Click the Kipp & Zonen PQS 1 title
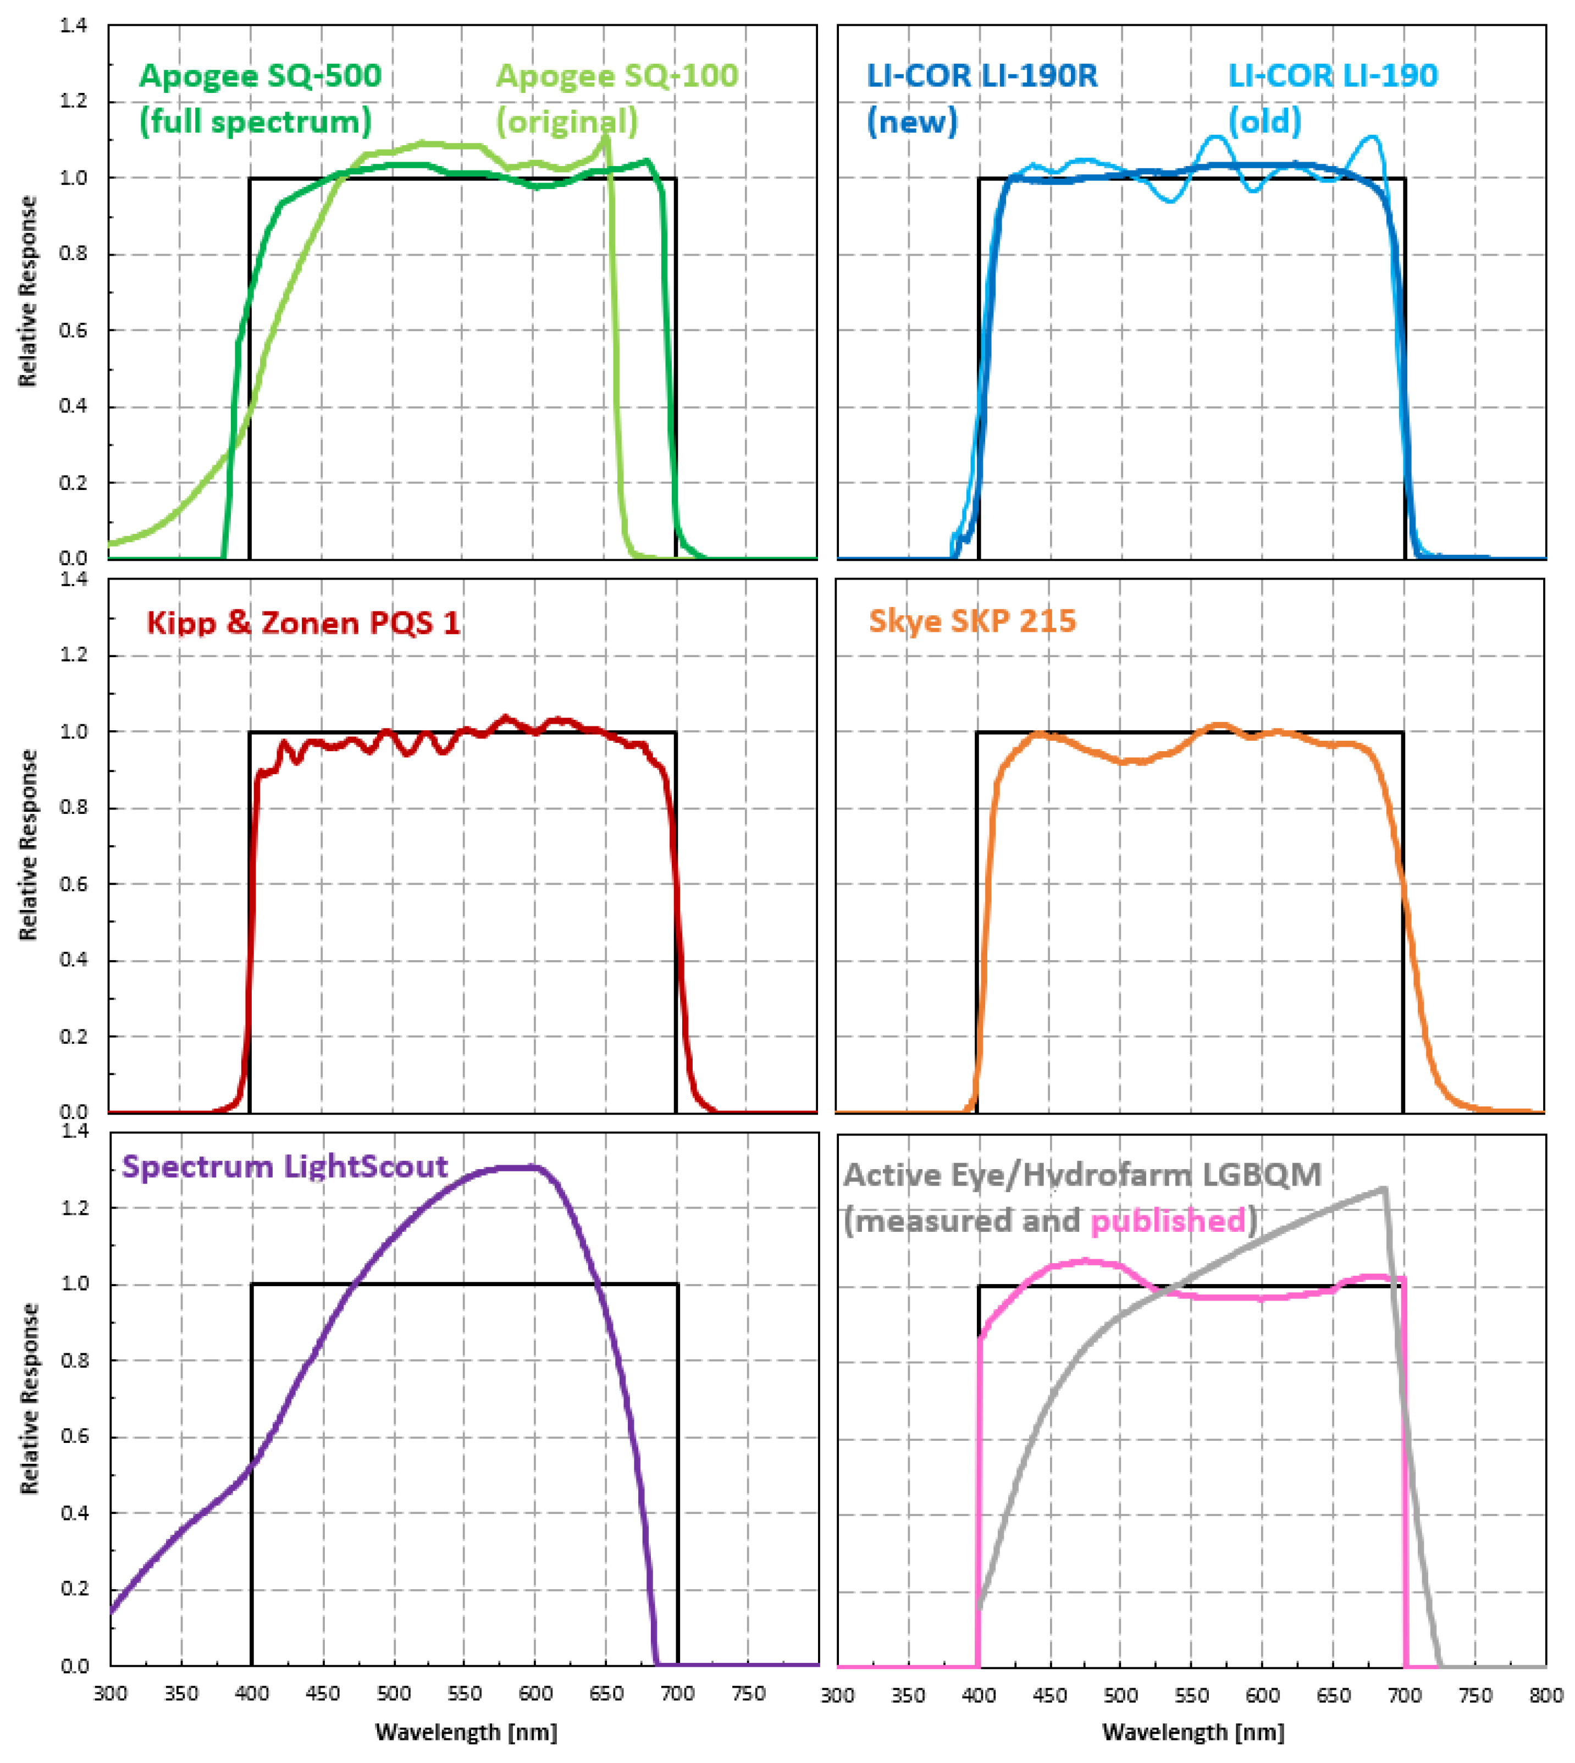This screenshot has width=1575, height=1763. (x=303, y=623)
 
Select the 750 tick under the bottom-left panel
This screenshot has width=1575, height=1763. (x=748, y=1694)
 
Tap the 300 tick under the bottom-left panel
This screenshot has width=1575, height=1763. (x=110, y=1694)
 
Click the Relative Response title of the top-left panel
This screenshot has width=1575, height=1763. (x=29, y=291)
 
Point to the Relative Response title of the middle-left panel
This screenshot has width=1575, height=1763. (x=29, y=845)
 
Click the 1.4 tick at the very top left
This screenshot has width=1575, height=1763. (x=74, y=26)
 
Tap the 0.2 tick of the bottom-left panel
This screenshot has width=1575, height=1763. (x=75, y=1589)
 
